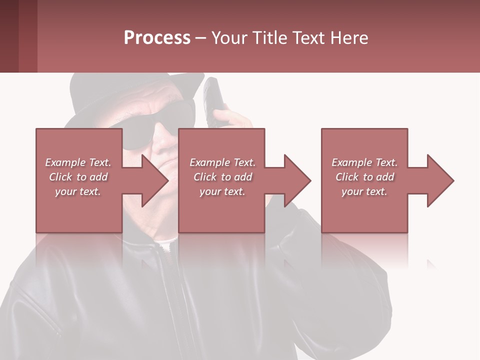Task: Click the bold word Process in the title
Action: click(157, 38)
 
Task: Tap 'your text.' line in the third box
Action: click(364, 191)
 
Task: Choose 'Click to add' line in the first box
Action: click(78, 177)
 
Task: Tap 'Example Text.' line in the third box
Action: click(364, 162)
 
